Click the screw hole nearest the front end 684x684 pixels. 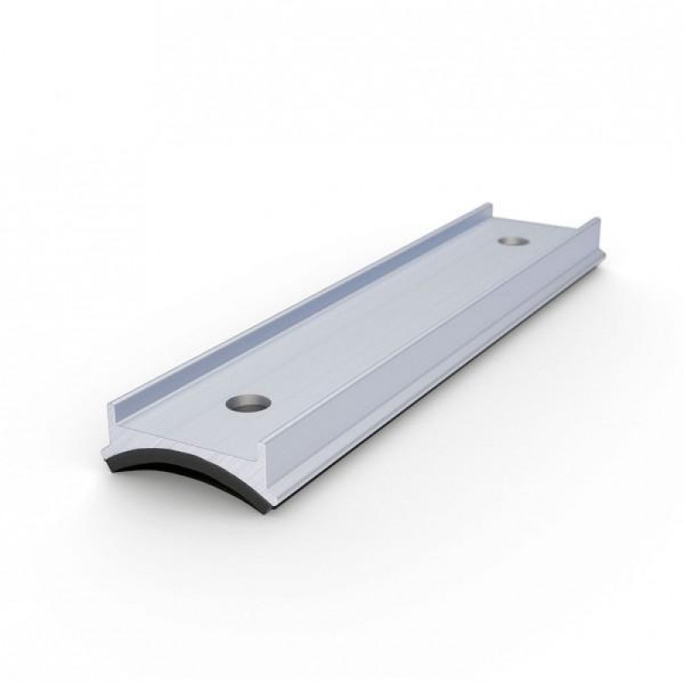coord(247,401)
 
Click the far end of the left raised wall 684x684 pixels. coord(488,207)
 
